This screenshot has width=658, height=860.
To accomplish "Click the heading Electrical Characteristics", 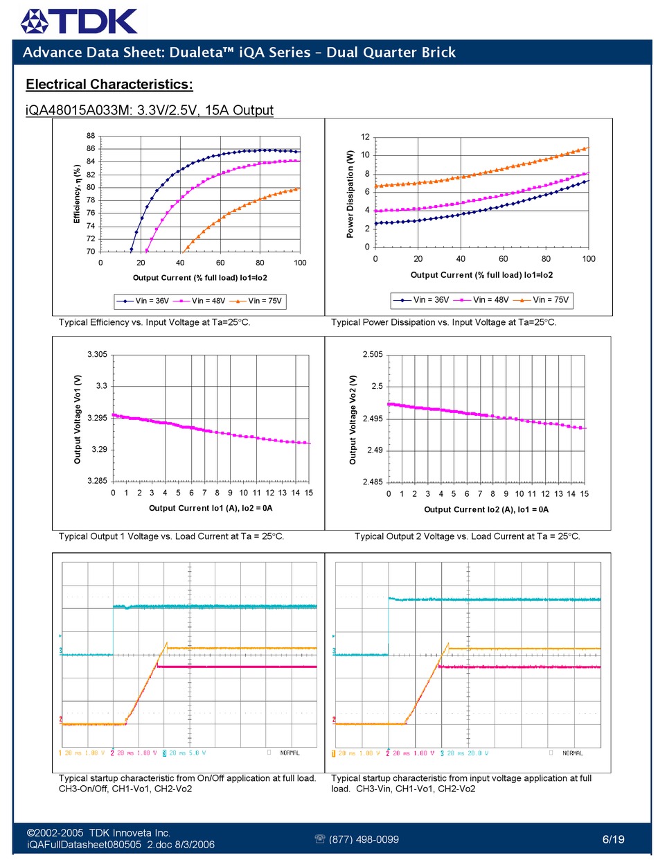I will click(x=109, y=85).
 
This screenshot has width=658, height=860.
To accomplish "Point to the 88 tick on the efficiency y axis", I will click(x=91, y=136).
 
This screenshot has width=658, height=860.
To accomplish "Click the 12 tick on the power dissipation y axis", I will click(x=365, y=137).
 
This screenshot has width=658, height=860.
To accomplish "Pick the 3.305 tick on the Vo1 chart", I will click(x=97, y=355).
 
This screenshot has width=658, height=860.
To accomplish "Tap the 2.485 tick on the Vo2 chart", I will click(x=373, y=482).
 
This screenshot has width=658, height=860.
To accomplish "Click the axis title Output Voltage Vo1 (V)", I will click(x=78, y=419).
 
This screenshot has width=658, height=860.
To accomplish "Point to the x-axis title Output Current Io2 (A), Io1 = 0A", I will click(x=486, y=509).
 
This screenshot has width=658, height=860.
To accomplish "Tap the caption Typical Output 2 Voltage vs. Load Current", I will click(x=468, y=536).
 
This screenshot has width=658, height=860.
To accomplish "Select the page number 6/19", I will click(x=613, y=839).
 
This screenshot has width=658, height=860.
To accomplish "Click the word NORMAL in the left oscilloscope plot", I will click(x=290, y=753).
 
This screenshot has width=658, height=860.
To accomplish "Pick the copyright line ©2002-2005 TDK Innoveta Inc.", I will click(x=98, y=832).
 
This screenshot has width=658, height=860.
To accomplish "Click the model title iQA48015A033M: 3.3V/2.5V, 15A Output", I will click(x=150, y=110).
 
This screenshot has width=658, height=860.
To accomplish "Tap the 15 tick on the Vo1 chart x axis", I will click(x=309, y=493).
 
